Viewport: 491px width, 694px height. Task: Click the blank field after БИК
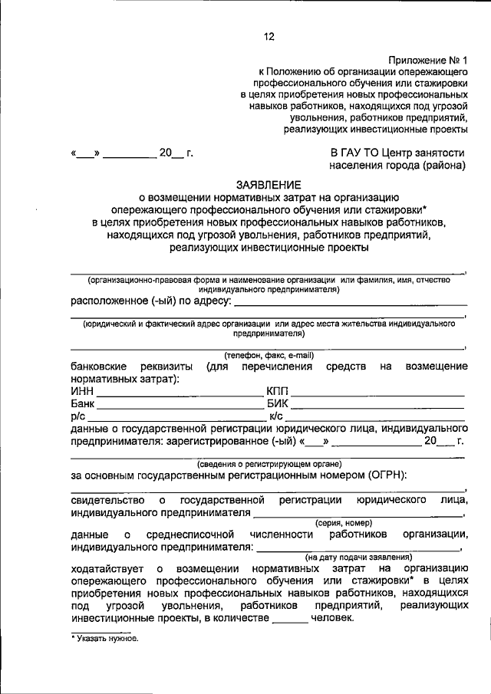click(377, 404)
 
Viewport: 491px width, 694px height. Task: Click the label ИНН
click(82, 392)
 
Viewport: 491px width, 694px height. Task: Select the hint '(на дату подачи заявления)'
click(359, 557)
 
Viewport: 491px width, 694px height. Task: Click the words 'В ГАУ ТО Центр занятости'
click(397, 153)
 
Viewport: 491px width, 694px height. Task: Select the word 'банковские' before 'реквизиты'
click(100, 367)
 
